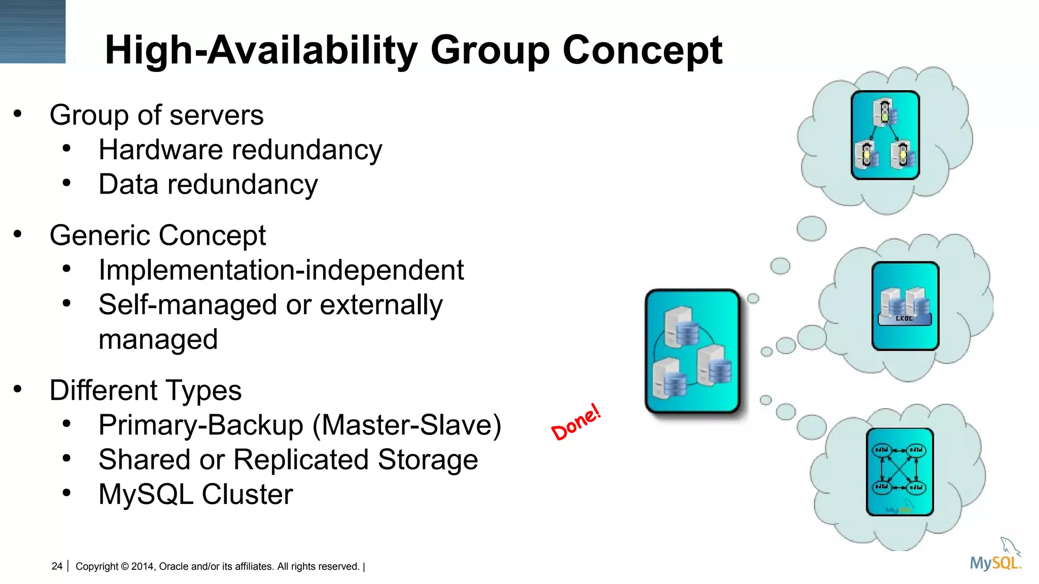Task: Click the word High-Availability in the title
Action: click(261, 51)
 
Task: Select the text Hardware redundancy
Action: click(240, 150)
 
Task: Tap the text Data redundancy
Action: click(208, 185)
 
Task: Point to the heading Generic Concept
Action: click(157, 236)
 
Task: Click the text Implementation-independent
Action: click(281, 270)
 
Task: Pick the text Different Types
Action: click(146, 391)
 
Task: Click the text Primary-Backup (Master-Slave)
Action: click(299, 425)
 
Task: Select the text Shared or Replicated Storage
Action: click(288, 460)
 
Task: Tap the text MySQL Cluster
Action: click(196, 494)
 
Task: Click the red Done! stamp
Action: click(576, 422)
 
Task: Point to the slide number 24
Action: click(57, 566)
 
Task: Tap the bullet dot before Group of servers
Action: click(18, 114)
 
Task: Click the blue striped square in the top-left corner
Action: click(32, 31)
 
